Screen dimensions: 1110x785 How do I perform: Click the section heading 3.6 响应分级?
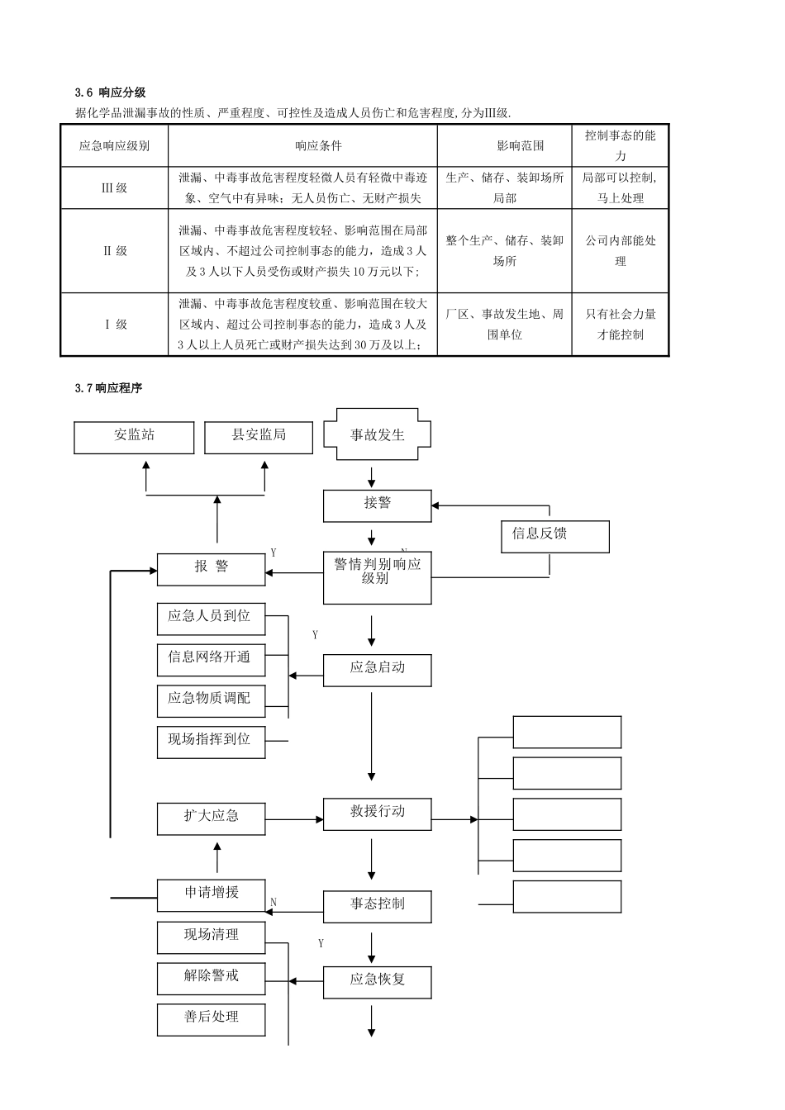pos(110,92)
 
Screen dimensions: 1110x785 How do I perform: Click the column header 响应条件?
pos(318,146)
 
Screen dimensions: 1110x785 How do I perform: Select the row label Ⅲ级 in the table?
pos(114,188)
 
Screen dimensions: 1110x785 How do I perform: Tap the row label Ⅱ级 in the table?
pos(114,251)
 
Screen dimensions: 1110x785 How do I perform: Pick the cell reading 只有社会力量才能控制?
pos(621,324)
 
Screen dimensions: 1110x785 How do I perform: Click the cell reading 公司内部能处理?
pos(621,251)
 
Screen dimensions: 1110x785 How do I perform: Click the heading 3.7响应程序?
pos(108,387)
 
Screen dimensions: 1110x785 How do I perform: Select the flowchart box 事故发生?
pos(377,434)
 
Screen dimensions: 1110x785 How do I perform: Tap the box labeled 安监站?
pos(134,436)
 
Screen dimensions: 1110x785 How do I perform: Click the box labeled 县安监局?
pos(259,436)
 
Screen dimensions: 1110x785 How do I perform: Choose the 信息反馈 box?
pos(554,535)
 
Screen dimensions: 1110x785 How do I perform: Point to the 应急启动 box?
pos(377,669)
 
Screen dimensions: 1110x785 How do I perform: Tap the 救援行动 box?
pos(377,814)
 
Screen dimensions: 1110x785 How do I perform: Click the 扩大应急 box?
pos(211,818)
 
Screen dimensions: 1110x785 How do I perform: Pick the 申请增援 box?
pos(211,894)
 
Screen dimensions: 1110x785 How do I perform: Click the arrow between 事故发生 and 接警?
pos(372,477)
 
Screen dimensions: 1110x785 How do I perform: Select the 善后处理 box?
pos(211,1019)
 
